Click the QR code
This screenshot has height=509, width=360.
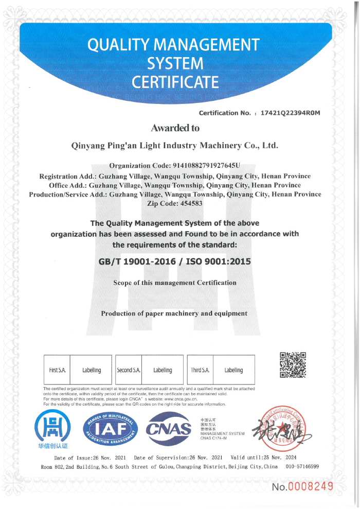point(293,365)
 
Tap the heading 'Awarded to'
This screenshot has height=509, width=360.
point(175,128)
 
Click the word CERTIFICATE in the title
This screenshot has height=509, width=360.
point(175,82)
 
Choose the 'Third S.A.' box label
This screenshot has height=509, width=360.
point(200,370)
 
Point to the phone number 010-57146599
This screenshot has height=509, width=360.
point(301,466)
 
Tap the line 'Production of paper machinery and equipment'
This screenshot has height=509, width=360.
point(174,313)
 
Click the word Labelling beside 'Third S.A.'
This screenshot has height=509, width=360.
point(233,370)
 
